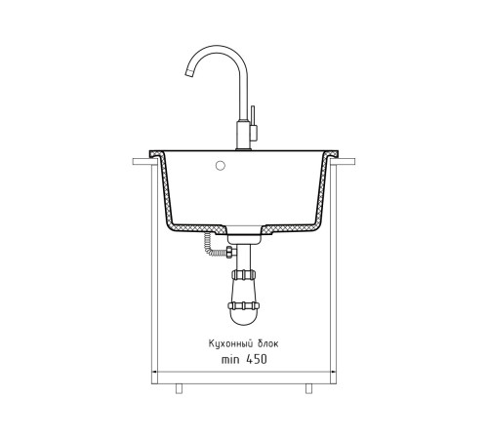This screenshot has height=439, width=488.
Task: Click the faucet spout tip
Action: pyautogui.click(x=189, y=74)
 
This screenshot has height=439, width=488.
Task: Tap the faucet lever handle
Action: pyautogui.click(x=253, y=123)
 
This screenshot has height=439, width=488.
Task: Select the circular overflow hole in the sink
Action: pyautogui.click(x=221, y=166)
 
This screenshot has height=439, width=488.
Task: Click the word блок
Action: pyautogui.click(x=268, y=343)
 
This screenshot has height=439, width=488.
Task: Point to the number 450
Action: pyautogui.click(x=257, y=359)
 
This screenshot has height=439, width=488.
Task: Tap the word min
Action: pyautogui.click(x=230, y=359)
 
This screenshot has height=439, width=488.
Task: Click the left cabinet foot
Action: pyautogui.click(x=179, y=388)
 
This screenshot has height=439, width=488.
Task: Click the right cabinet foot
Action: pyautogui.click(x=308, y=388)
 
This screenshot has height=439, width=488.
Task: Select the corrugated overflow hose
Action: pyautogui.click(x=208, y=246)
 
